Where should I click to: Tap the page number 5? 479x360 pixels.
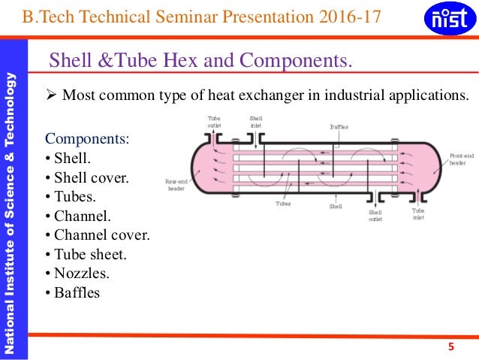click(450, 346)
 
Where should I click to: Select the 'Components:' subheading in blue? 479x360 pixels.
click(87, 139)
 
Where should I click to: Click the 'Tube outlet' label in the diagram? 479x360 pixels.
click(215, 122)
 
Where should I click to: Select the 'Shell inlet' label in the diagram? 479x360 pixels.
click(256, 122)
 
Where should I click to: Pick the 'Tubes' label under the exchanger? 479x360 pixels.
click(283, 203)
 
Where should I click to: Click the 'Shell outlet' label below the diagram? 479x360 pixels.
click(375, 216)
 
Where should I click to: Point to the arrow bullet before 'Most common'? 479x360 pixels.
click(51, 96)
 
